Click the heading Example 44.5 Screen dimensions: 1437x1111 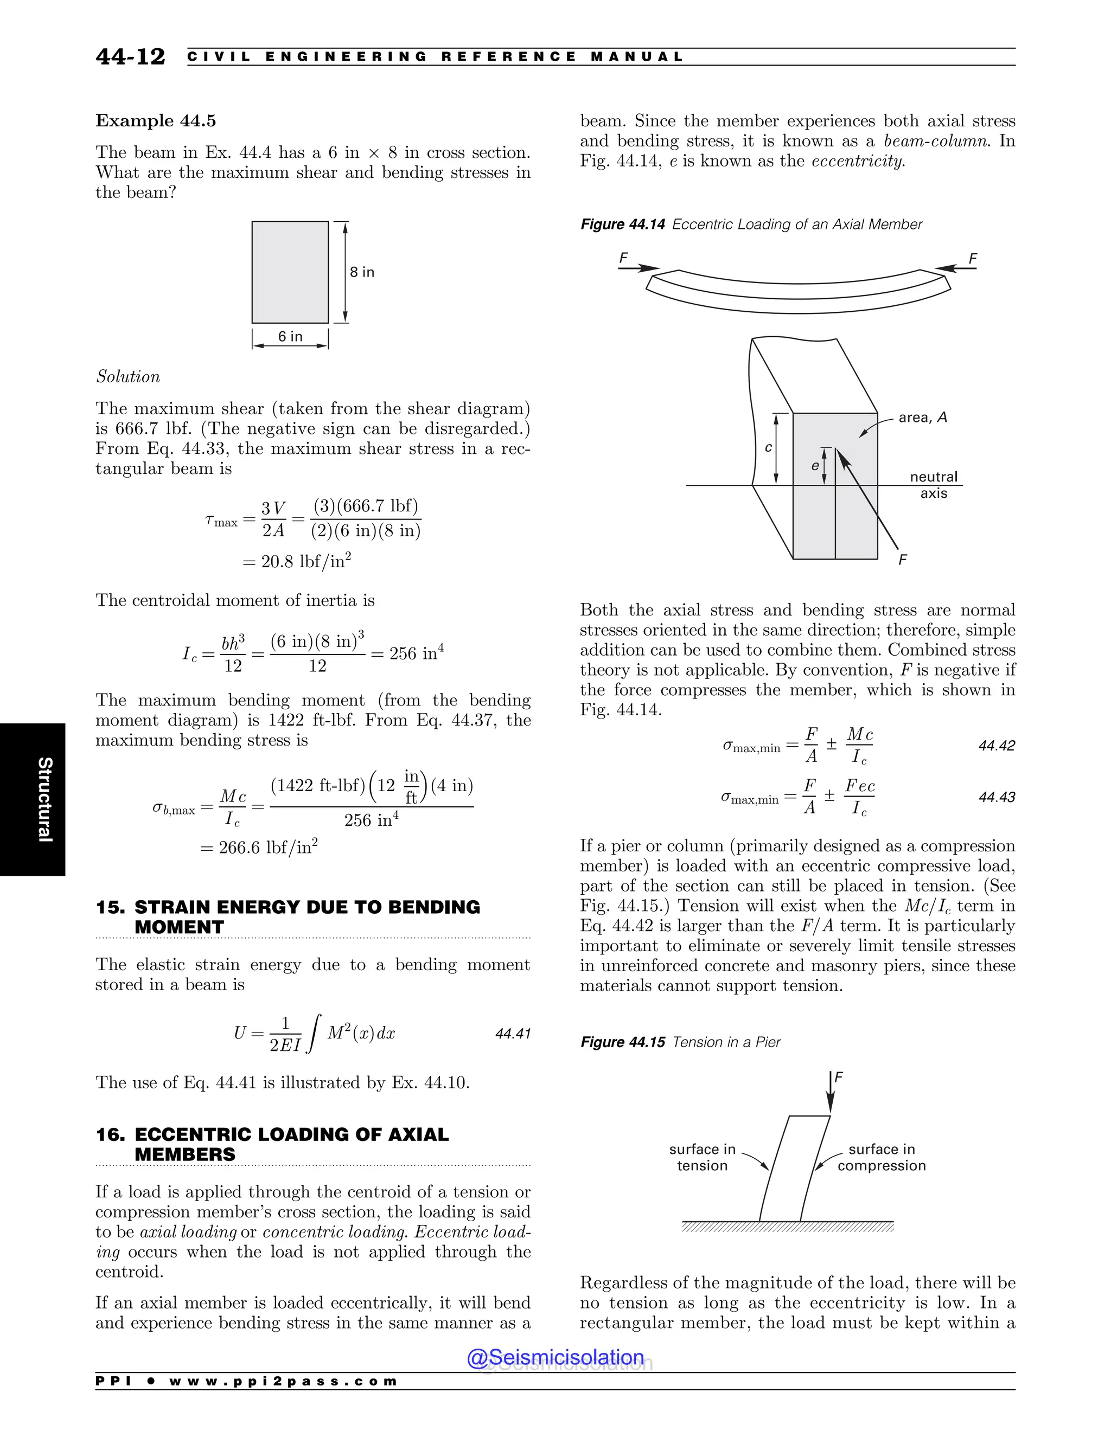coord(155,121)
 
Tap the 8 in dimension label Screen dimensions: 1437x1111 coord(361,272)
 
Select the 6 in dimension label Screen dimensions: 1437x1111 coord(290,336)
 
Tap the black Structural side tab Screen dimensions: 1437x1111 coord(33,799)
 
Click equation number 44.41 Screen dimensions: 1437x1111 coord(513,1034)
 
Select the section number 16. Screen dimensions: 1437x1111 coord(109,1134)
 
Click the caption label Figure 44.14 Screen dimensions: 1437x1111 coord(622,224)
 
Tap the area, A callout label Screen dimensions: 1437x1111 coord(922,417)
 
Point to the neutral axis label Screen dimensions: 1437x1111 coord(933,485)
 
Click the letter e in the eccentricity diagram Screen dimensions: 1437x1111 coord(814,466)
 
